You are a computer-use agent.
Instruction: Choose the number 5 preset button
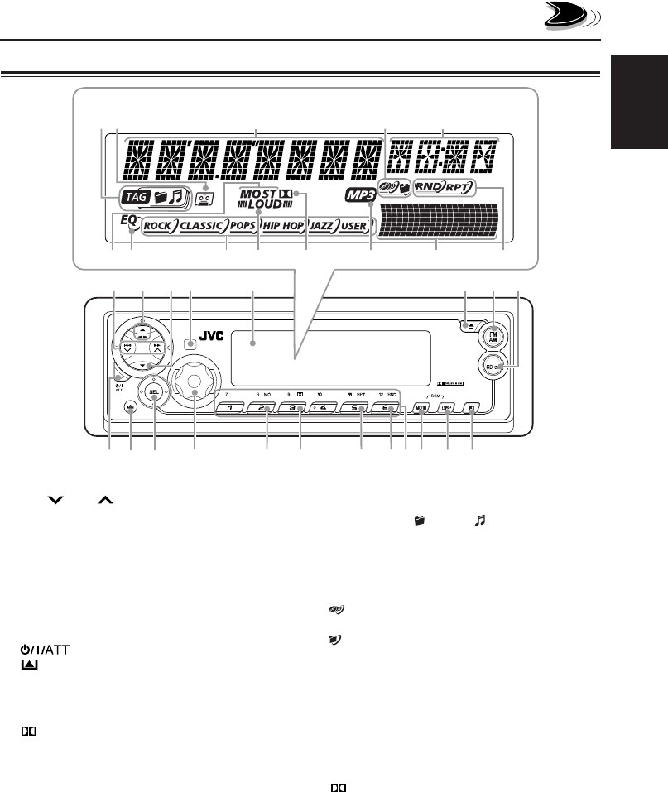353,407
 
